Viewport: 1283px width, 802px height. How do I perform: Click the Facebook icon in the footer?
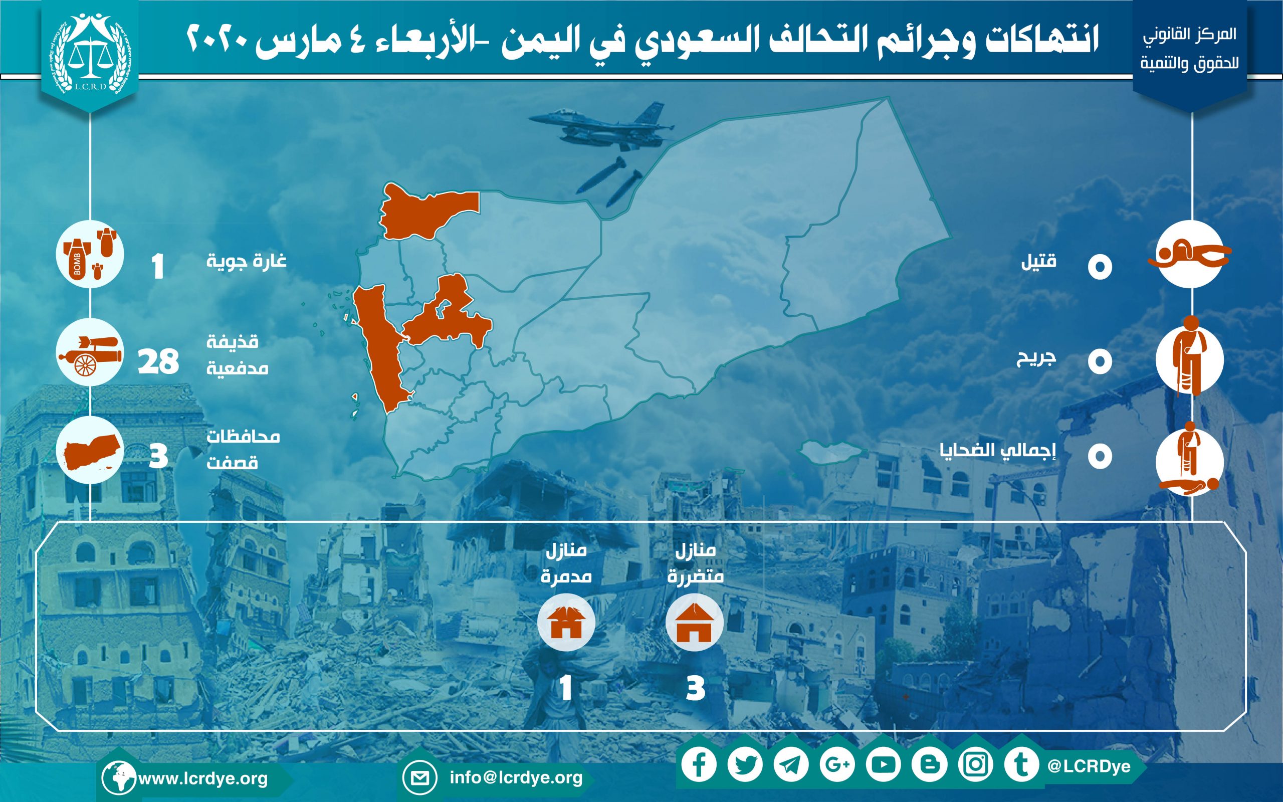699,764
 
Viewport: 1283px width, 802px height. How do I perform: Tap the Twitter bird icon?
745,764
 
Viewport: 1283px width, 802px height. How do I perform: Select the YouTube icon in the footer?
883,764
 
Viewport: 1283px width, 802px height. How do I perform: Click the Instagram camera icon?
975,764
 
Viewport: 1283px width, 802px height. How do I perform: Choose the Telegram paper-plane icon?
791,764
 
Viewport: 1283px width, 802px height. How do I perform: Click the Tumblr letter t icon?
1021,764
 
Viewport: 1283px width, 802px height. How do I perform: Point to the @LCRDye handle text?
1089,766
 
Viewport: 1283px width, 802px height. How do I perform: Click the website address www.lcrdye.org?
203,778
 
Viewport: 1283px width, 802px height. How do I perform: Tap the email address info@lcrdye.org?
516,777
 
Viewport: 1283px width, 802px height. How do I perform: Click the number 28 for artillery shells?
158,362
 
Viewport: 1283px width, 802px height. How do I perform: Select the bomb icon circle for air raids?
90,254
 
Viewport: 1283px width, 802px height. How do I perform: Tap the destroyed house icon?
566,622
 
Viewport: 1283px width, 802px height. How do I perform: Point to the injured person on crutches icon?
1189,356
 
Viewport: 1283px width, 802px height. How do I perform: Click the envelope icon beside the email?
419,778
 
